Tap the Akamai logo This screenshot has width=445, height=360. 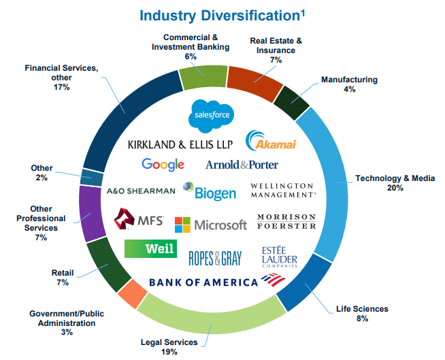[x=269, y=141]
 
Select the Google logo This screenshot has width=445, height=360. [x=163, y=164]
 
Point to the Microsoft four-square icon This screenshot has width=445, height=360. [x=182, y=225]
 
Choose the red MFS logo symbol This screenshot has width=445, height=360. [x=125, y=220]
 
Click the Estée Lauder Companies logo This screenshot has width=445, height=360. [x=279, y=257]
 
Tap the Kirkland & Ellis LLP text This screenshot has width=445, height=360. [x=180, y=144]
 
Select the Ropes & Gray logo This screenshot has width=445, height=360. [x=216, y=258]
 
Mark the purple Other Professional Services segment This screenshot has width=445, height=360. [x=90, y=213]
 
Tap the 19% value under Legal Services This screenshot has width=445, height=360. [x=170, y=352]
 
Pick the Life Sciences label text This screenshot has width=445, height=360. [x=362, y=310]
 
